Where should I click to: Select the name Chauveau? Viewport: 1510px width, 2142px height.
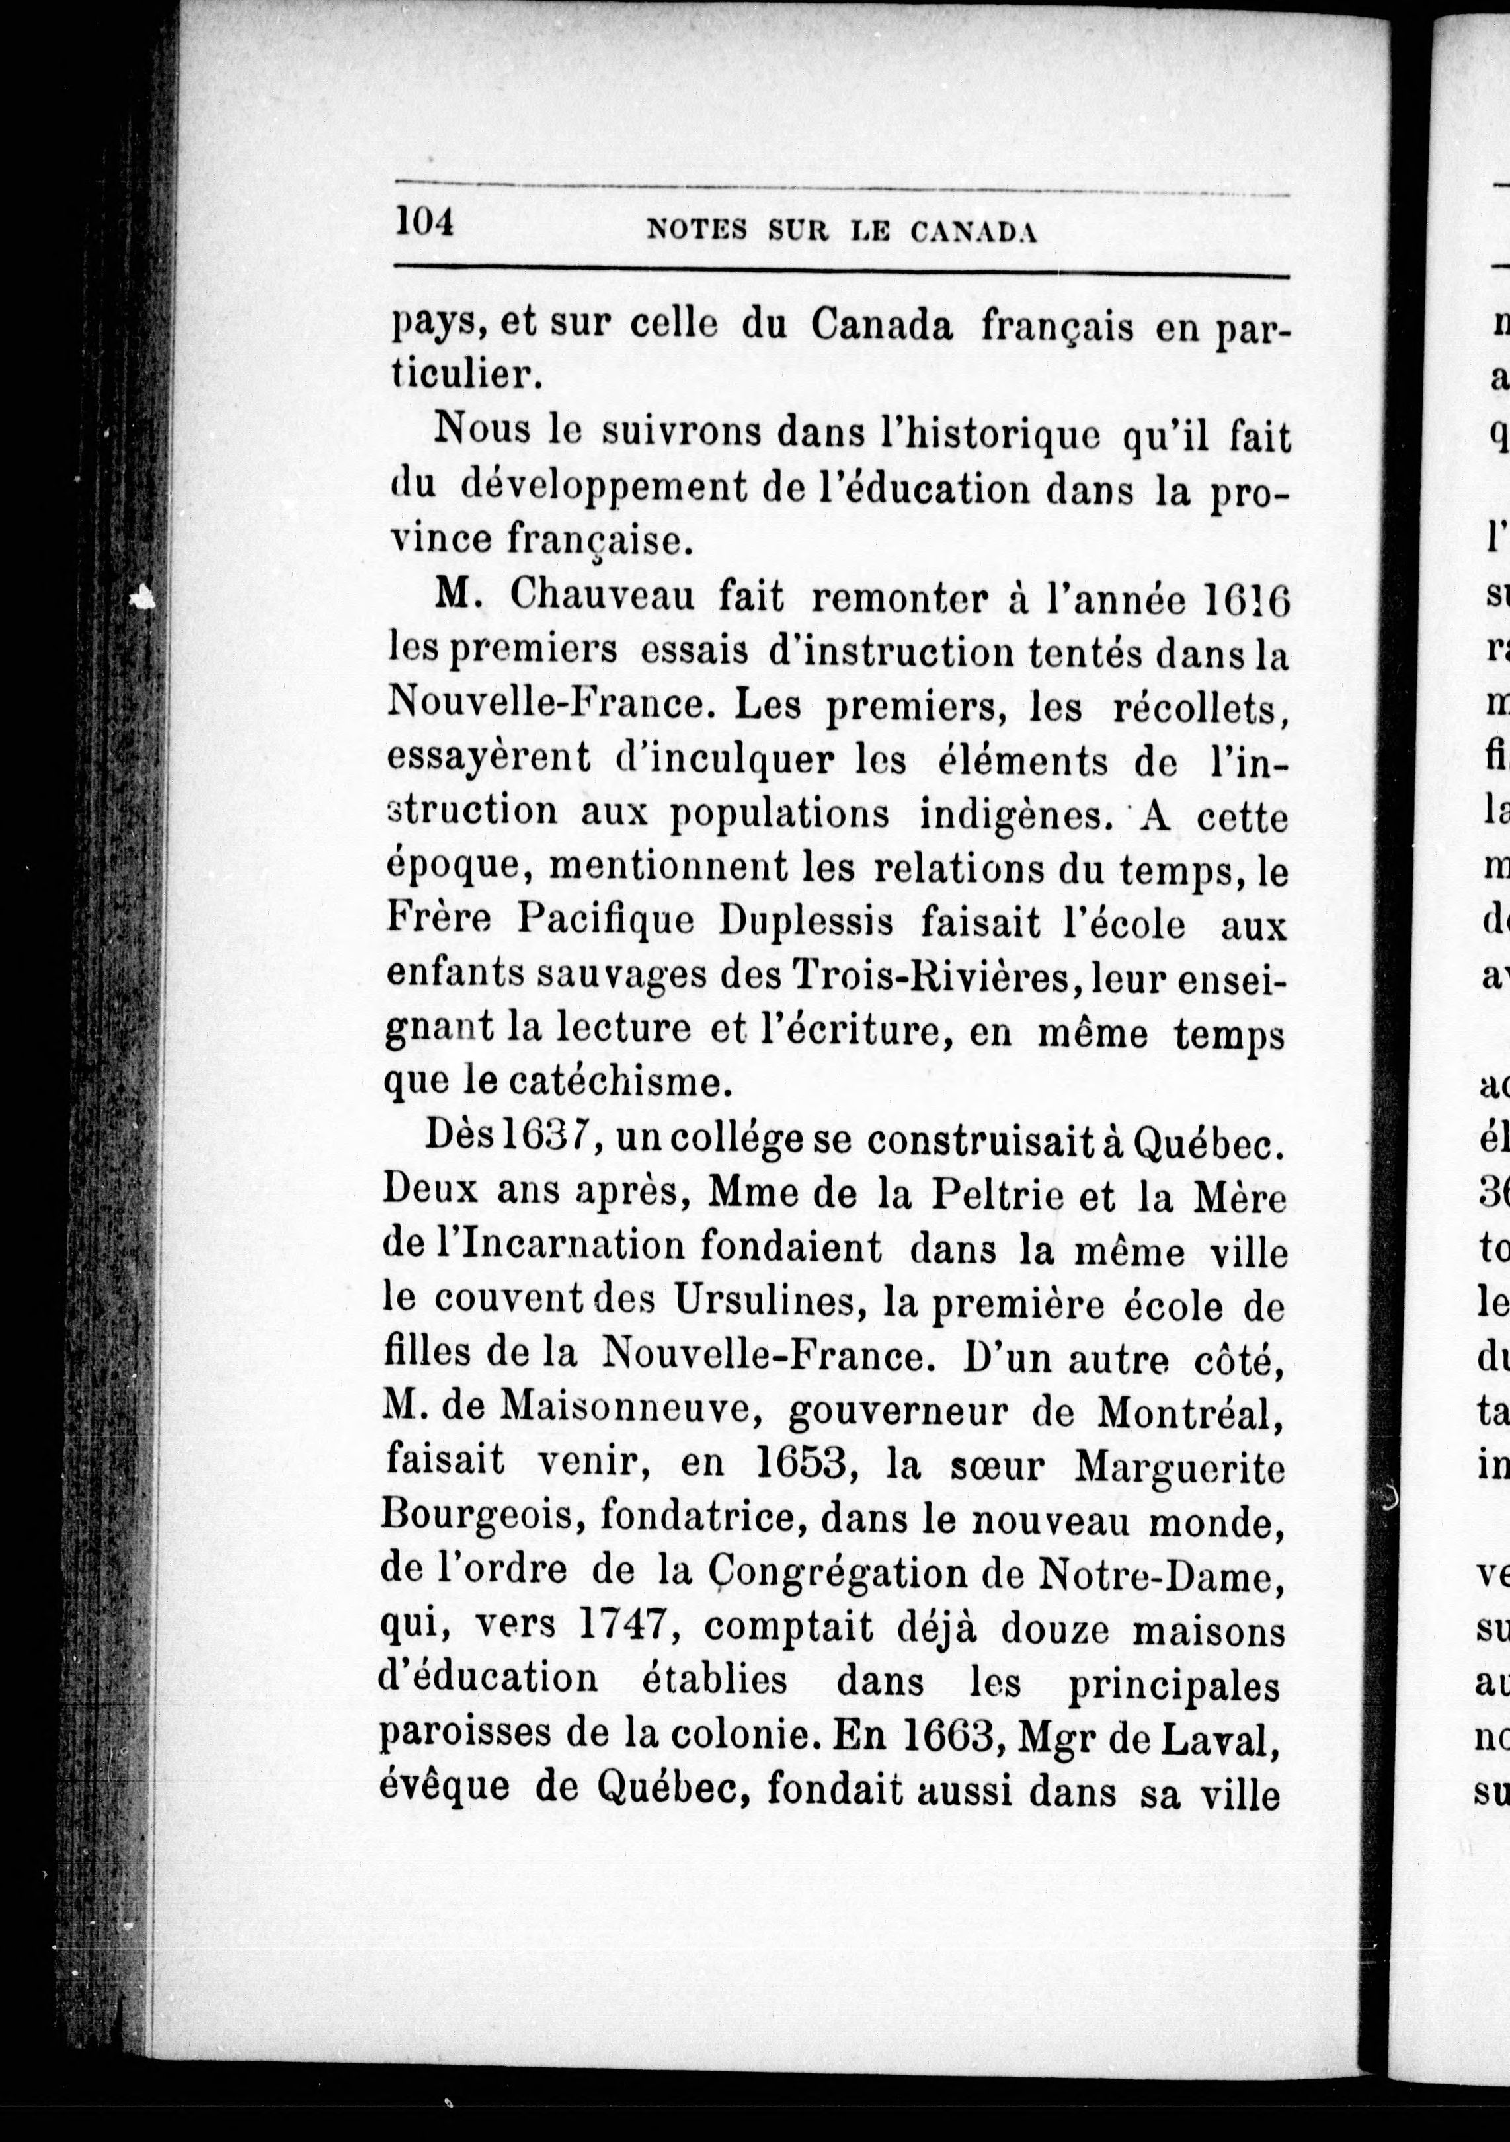tap(602, 597)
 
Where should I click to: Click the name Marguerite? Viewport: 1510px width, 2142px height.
tap(1180, 1466)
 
